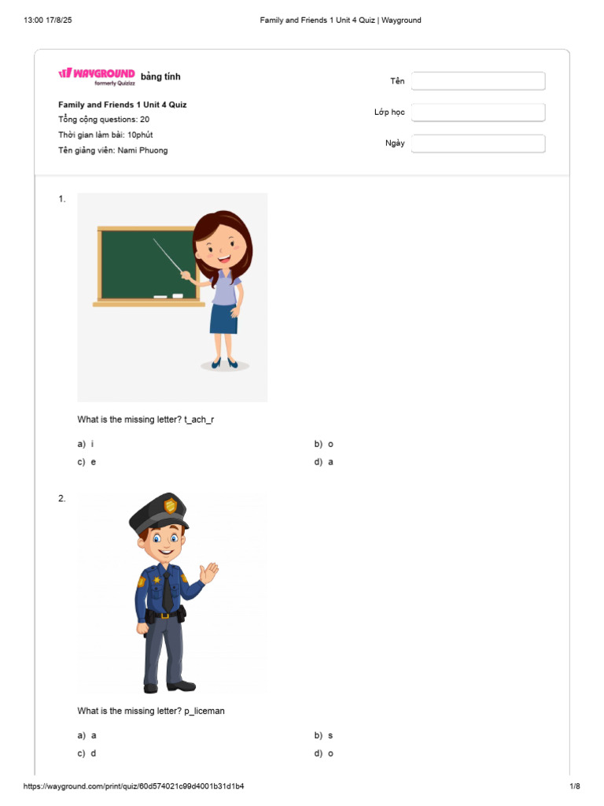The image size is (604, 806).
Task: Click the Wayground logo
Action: click(x=96, y=74)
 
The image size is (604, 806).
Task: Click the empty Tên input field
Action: click(x=478, y=81)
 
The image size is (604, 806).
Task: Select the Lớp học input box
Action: click(x=478, y=113)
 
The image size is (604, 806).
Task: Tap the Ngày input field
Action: click(x=478, y=144)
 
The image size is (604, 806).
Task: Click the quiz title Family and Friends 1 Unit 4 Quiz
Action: click(x=122, y=105)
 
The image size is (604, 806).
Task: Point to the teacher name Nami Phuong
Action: click(x=142, y=150)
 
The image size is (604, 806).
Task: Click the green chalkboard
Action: click(x=145, y=264)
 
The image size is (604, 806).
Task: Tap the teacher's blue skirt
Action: click(x=223, y=318)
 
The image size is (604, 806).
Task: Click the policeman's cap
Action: click(x=160, y=512)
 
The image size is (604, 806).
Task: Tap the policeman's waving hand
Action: click(x=208, y=573)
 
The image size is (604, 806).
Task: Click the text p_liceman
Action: click(x=204, y=711)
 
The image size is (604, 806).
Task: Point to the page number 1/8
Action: click(x=574, y=786)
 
